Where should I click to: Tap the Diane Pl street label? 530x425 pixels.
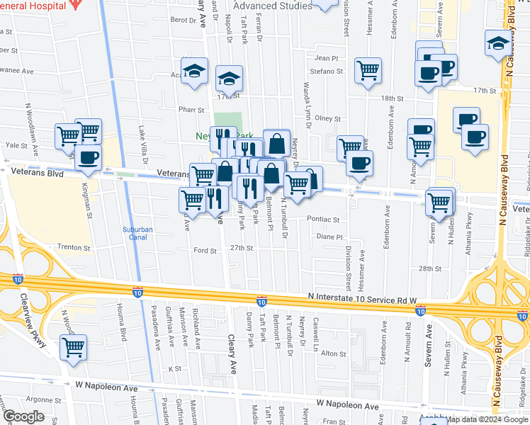(329, 237)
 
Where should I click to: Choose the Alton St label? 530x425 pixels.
(333, 353)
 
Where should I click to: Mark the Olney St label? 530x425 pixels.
(328, 118)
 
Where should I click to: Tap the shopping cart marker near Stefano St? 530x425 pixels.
(368, 71)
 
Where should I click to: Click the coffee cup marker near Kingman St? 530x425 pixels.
(88, 158)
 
